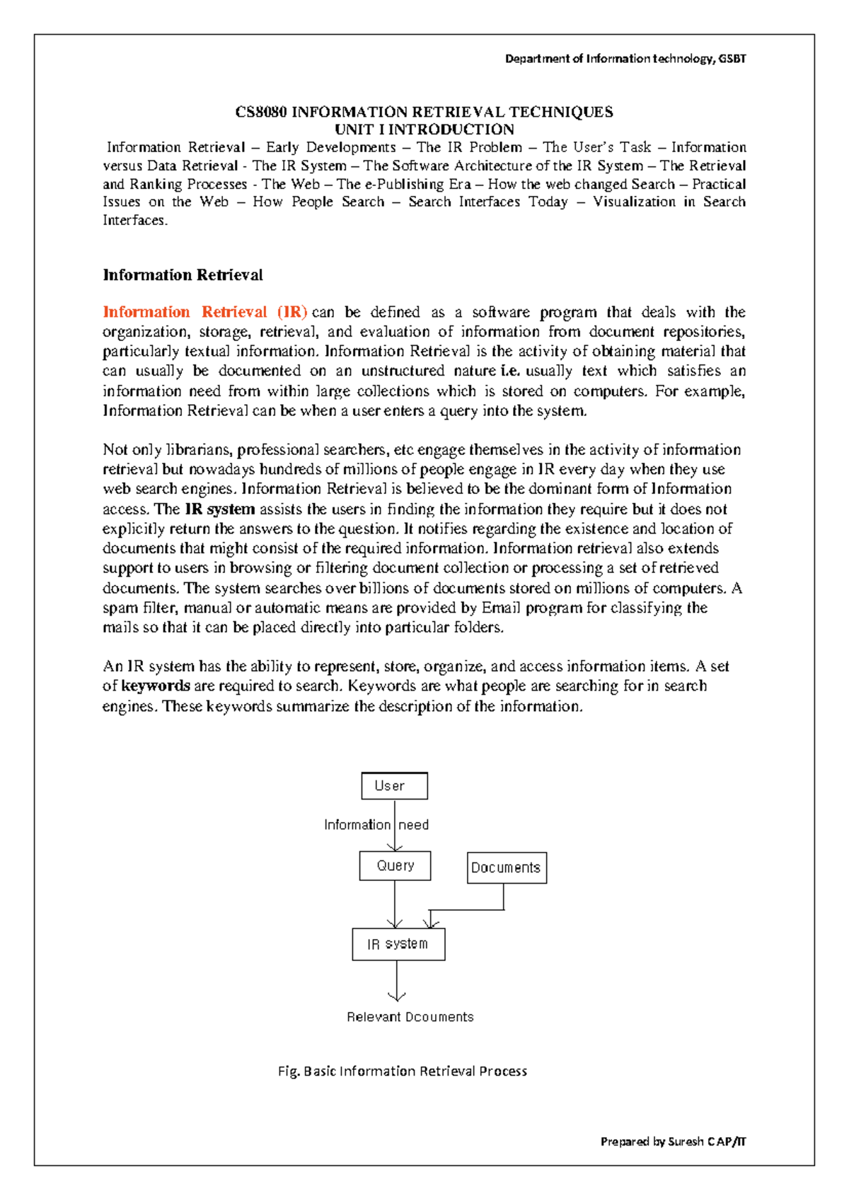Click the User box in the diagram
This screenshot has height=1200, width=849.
click(x=394, y=785)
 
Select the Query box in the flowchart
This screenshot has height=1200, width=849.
click(x=395, y=865)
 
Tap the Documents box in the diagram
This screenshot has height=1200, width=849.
click(x=507, y=867)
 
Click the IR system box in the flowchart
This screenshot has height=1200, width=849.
click(x=398, y=944)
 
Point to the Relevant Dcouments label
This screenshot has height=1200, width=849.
click(x=410, y=1017)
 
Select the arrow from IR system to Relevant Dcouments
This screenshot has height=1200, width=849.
click(x=397, y=980)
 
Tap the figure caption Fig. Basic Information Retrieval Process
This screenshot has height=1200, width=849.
click(x=402, y=1071)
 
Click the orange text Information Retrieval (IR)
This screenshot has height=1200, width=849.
click(x=204, y=312)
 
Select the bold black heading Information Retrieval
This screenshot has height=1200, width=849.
click(x=183, y=275)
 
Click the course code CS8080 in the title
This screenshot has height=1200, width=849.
click(x=261, y=112)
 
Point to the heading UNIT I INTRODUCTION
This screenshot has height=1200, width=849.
click(x=424, y=129)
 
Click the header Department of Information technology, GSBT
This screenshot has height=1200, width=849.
click(x=625, y=59)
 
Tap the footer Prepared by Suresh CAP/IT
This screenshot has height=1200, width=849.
click(x=673, y=1141)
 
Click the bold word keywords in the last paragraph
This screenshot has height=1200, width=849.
click(x=156, y=686)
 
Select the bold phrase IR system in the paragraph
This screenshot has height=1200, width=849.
click(x=219, y=509)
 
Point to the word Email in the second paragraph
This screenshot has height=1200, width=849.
click(x=502, y=608)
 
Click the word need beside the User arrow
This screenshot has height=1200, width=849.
click(x=413, y=825)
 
